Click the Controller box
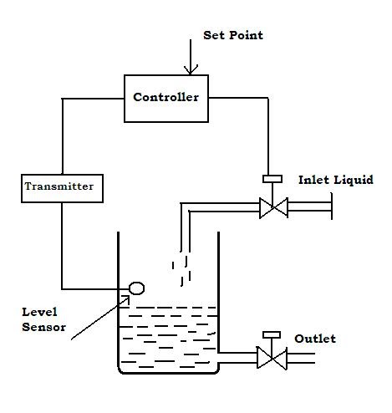[165, 97]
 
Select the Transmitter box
[63, 187]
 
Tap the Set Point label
[232, 35]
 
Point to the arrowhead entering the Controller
[191, 70]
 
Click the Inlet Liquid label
[335, 180]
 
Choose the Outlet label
[315, 339]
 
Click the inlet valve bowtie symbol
[272, 207]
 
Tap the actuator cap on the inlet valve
[272, 178]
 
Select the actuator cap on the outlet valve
[272, 334]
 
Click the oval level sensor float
[136, 288]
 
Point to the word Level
[39, 313]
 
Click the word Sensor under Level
[43, 327]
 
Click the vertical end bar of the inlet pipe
[332, 207]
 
